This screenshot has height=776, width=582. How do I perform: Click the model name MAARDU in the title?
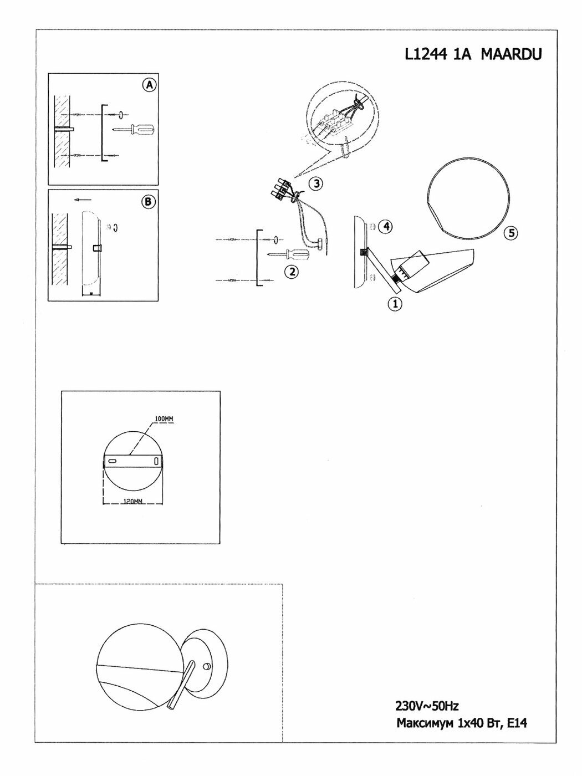coord(510,54)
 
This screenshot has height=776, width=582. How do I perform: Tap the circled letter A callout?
coord(149,85)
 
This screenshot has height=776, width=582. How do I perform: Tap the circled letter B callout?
coord(148,201)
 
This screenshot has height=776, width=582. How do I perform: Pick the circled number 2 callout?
coord(292,271)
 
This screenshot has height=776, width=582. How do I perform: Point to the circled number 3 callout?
coord(315,183)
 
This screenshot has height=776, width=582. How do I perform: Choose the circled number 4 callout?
coord(386,226)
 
